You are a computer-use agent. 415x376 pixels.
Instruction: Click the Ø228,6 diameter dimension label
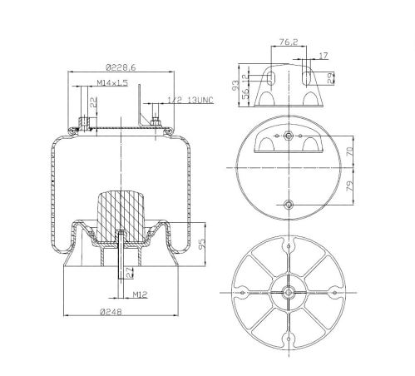pyautogui.click(x=121, y=67)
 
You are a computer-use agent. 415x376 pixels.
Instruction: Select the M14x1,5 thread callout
pyautogui.click(x=112, y=82)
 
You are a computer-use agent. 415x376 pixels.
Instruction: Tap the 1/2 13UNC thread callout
pyautogui.click(x=190, y=100)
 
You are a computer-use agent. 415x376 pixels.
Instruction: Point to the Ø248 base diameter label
pyautogui.click(x=111, y=312)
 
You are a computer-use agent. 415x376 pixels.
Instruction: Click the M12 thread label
pyautogui.click(x=140, y=294)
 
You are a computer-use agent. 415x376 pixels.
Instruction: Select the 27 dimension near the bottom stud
pyautogui.click(x=130, y=273)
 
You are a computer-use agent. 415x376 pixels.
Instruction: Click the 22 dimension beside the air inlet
pyautogui.click(x=94, y=102)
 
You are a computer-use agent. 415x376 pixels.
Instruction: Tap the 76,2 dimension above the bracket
pyautogui.click(x=289, y=42)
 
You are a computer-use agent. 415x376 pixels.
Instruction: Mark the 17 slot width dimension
pyautogui.click(x=324, y=56)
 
